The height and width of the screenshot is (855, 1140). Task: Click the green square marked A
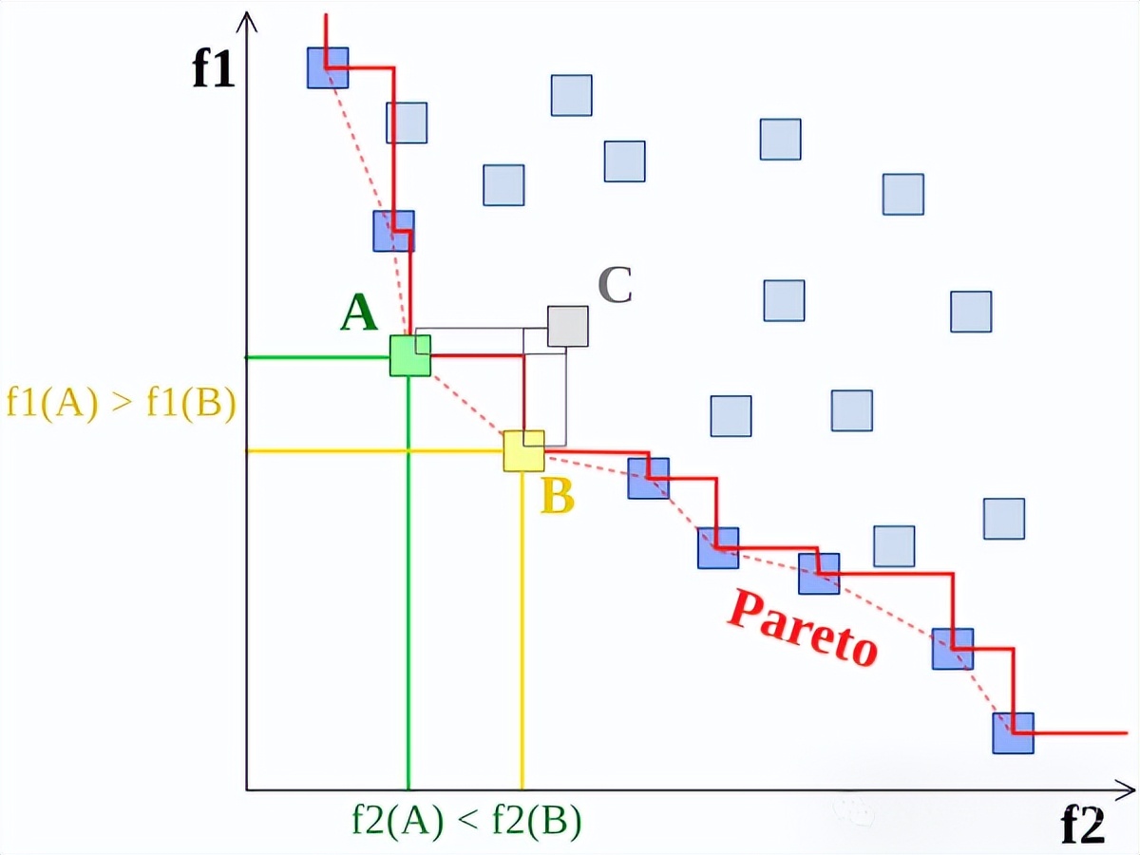tap(409, 355)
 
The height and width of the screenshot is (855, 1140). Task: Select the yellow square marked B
tap(523, 450)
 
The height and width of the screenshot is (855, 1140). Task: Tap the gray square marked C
tap(568, 326)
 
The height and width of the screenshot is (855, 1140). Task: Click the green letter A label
tap(359, 313)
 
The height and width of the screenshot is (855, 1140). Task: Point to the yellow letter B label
tap(558, 497)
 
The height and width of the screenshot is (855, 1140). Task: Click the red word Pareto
tap(803, 628)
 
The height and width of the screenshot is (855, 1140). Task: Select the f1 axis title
tap(214, 69)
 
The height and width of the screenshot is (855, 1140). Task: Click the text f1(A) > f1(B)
tap(121, 402)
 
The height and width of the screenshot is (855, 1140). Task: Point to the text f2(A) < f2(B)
tap(465, 820)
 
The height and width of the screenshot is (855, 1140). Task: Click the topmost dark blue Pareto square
tap(328, 67)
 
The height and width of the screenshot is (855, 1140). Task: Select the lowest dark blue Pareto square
tap(1013, 732)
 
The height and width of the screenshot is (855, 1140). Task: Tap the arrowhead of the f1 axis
tap(248, 19)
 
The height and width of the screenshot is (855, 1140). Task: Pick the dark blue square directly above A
tap(393, 231)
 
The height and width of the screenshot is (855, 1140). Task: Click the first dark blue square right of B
tap(648, 478)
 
